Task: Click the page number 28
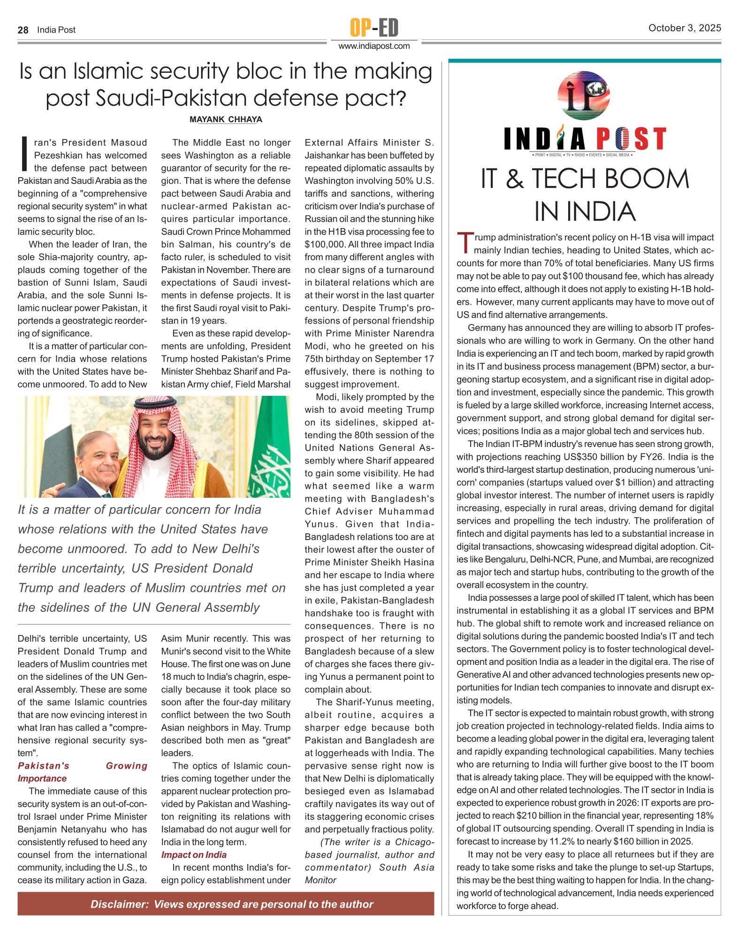click(x=23, y=30)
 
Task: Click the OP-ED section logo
click(x=374, y=27)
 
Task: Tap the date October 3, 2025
click(x=684, y=28)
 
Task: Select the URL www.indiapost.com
click(x=374, y=46)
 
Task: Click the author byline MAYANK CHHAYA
click(x=226, y=120)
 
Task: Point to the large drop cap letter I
click(x=24, y=154)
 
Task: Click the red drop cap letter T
click(x=465, y=243)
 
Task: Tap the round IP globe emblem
click(x=584, y=95)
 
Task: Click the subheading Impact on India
click(x=194, y=855)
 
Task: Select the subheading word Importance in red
click(x=42, y=779)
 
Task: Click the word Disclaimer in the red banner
click(x=119, y=904)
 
